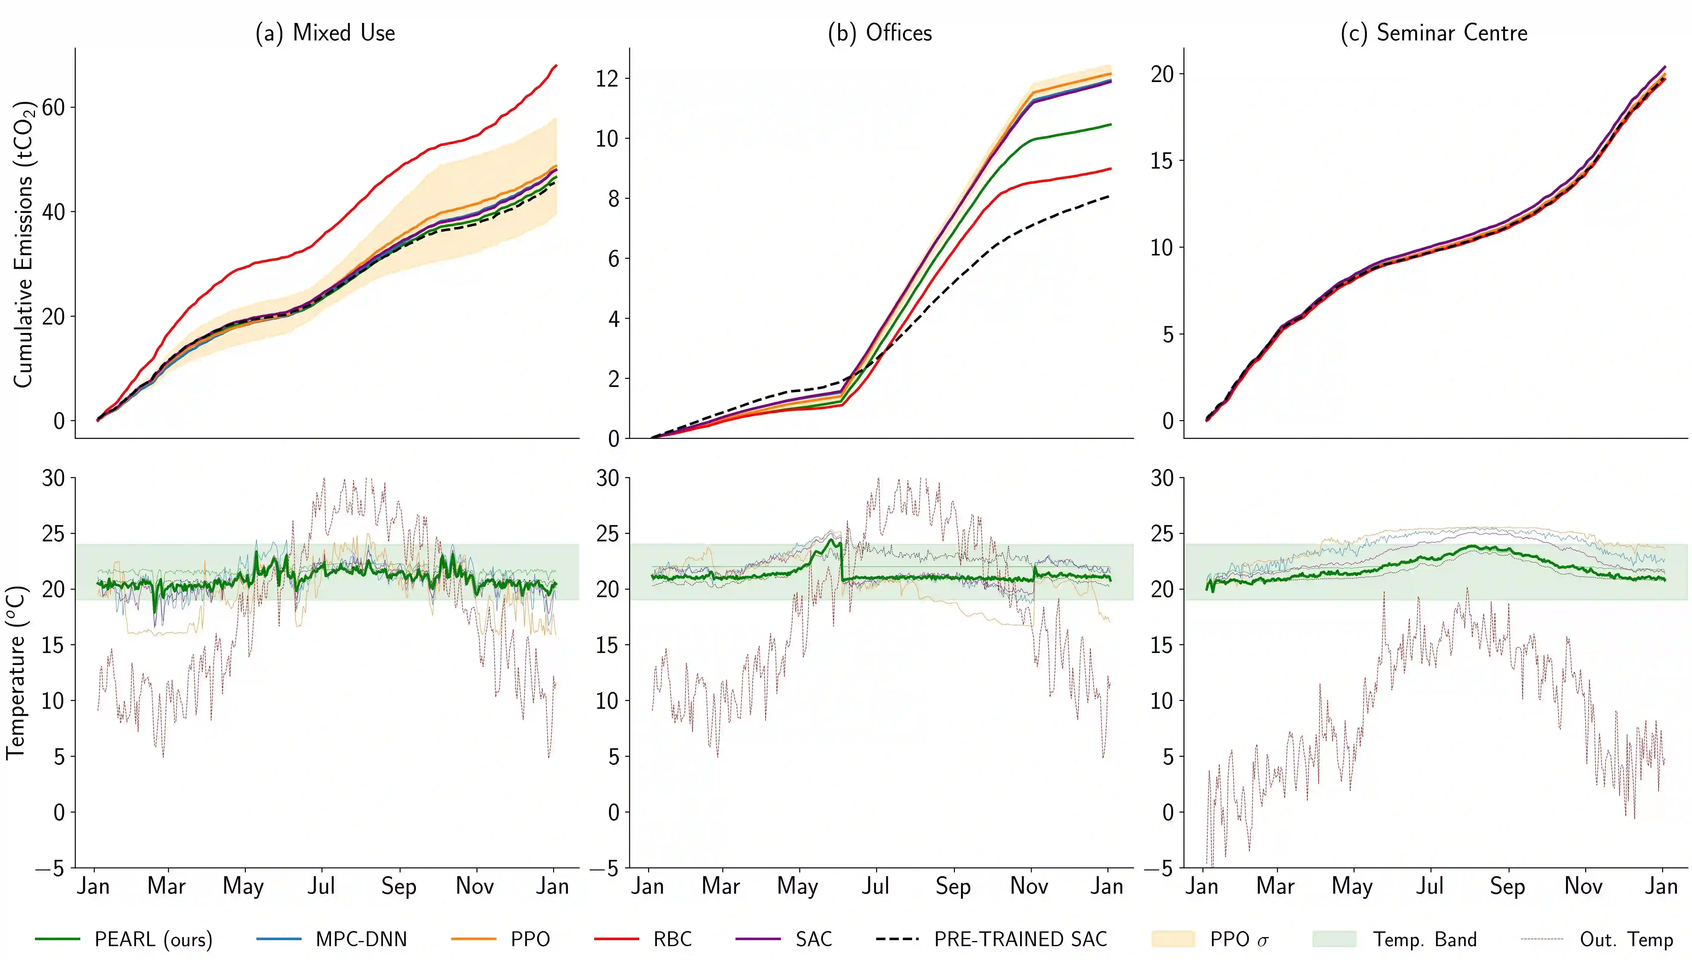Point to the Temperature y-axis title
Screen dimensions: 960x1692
pos(16,673)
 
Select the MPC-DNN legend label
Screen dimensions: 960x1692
pos(361,939)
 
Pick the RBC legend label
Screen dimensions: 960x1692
pos(672,939)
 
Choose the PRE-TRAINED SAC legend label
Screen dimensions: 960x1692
pos(1020,939)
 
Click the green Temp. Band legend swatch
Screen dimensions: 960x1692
pos(1334,939)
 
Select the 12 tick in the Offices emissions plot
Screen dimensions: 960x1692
pos(608,78)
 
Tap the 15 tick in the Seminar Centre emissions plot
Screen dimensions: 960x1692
pos(1162,161)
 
